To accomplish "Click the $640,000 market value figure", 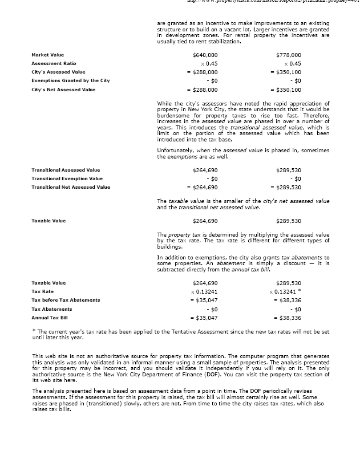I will click(206, 55).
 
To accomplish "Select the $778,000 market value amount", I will click(288, 55).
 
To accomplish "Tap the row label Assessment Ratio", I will click(54, 63).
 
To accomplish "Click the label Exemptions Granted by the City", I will click(70, 81).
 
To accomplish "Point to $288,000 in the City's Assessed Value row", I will click(204, 72).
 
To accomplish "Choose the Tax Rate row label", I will click(42, 291).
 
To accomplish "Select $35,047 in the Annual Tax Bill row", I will click(204, 318).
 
